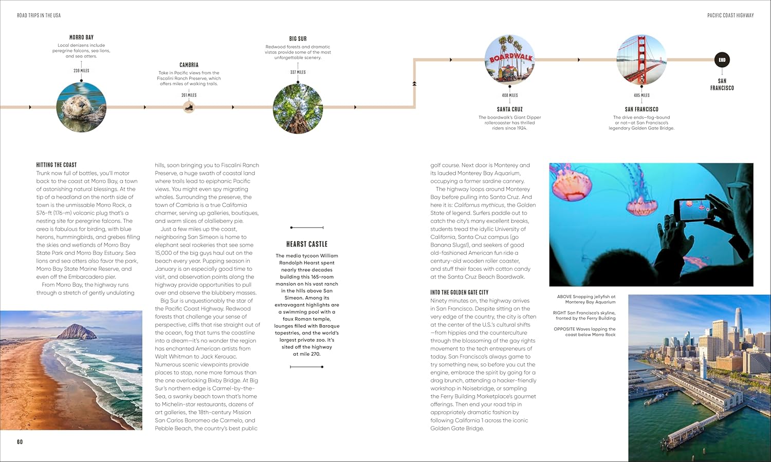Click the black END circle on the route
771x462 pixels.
[722, 60]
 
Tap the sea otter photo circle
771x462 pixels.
[81, 107]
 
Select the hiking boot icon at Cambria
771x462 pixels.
[189, 107]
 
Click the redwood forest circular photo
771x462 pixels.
[298, 108]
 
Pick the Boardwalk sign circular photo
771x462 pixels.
[509, 60]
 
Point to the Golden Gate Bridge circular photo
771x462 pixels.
[641, 60]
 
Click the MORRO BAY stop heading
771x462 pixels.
[81, 38]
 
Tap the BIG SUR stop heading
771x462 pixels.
[298, 39]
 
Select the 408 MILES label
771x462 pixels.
[509, 95]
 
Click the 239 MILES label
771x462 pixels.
[81, 71]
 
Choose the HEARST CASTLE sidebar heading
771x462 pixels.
[306, 244]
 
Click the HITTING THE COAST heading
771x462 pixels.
[56, 165]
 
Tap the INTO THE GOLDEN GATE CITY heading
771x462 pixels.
[459, 292]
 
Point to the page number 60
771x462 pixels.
[20, 442]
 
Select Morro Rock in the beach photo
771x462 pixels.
[77, 331]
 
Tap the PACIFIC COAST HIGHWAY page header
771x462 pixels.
[730, 15]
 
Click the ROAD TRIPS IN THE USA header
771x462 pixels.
[39, 15]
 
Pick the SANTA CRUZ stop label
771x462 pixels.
[509, 109]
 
